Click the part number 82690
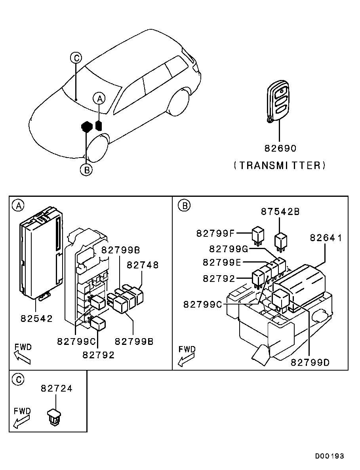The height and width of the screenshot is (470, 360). [x=280, y=148]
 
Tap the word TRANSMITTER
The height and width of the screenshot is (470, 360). [x=280, y=166]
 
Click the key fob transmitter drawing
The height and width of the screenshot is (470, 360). [x=278, y=101]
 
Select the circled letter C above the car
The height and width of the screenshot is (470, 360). [x=76, y=57]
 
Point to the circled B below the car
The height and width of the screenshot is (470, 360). [x=86, y=170]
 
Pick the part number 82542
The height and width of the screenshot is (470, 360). [x=36, y=318]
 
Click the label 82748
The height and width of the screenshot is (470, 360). [x=143, y=265]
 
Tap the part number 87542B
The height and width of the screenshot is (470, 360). [x=280, y=211]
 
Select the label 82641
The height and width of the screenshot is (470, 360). [x=326, y=238]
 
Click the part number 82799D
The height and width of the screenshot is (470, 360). [x=310, y=362]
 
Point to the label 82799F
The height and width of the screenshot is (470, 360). [x=215, y=233]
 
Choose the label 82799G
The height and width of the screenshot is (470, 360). [x=229, y=249]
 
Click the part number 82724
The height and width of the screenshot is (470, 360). [x=57, y=388]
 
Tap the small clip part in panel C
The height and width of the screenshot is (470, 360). [x=54, y=416]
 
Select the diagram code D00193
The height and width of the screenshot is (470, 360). [x=330, y=456]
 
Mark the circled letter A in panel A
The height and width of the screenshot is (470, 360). [x=18, y=206]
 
